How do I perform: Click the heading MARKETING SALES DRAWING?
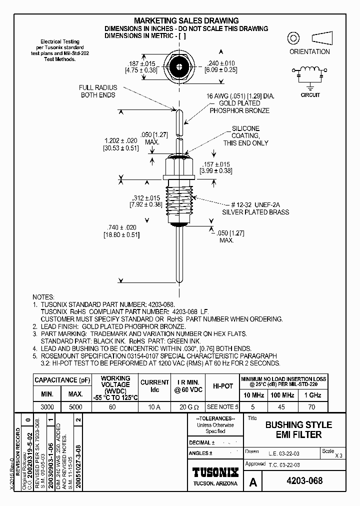[x=186, y=20]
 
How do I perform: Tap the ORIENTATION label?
[x=309, y=51]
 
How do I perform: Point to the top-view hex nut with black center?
[x=179, y=66]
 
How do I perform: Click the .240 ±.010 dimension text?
[x=221, y=63]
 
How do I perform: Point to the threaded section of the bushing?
[x=179, y=200]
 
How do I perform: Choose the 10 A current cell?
[x=154, y=407]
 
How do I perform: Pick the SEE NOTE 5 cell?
[x=222, y=407]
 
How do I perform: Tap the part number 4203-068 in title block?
[x=304, y=481]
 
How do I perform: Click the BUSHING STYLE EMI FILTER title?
[x=298, y=429]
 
